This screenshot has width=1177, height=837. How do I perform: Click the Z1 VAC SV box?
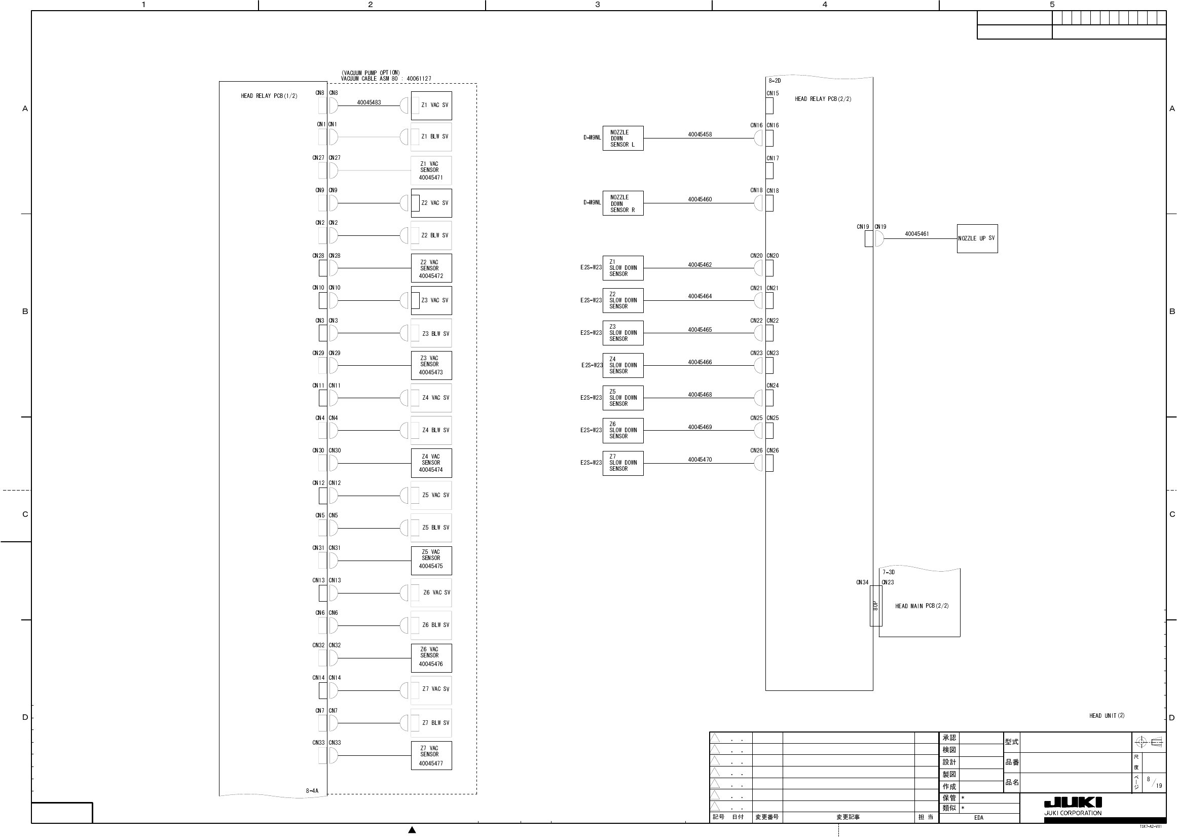431,106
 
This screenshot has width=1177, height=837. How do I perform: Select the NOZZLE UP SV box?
977,238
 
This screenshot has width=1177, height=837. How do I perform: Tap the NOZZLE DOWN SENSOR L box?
622,138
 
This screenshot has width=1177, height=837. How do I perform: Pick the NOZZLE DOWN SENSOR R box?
622,203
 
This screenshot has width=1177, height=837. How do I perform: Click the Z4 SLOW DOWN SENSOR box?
622,365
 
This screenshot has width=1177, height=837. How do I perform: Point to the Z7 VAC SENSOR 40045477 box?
431,755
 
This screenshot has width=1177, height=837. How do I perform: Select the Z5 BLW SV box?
431,528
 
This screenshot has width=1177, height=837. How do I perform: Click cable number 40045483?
369,102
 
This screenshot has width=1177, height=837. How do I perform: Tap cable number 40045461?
916,234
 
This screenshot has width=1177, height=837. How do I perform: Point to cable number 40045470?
700,460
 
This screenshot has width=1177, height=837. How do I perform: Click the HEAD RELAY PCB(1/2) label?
269,96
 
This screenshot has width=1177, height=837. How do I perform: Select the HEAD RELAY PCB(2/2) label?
823,99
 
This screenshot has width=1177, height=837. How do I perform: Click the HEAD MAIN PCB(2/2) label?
922,606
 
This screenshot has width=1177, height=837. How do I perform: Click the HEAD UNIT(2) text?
1107,716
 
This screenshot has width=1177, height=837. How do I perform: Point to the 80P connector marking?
875,606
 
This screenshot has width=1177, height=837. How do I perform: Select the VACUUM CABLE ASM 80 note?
386,79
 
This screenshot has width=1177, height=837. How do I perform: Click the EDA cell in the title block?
978,818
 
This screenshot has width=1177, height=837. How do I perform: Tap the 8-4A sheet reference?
312,791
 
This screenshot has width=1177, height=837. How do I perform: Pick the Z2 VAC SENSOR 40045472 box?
431,268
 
